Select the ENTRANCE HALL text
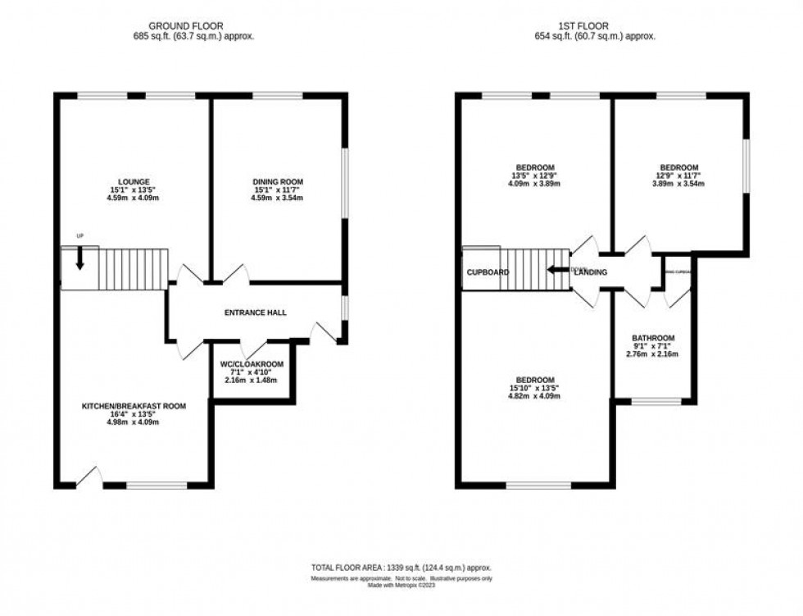coord(255,313)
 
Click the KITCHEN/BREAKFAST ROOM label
coord(134,405)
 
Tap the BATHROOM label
coord(653,338)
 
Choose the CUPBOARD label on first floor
coord(488,272)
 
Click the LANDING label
coord(590,272)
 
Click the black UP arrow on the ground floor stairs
coord(79,259)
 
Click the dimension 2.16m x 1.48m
coord(250,381)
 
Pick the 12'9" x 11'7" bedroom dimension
coord(680,175)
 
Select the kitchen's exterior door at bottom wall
coord(91,477)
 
